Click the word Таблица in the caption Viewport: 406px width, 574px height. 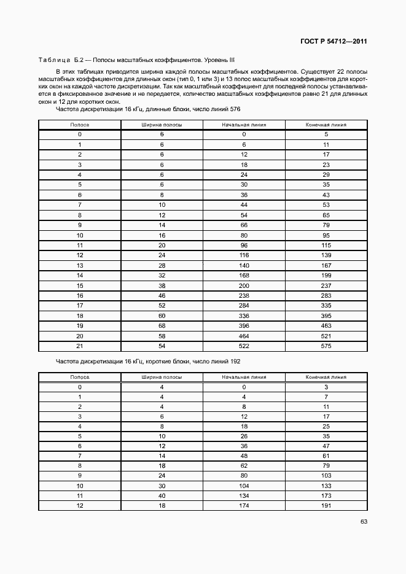click(x=55, y=60)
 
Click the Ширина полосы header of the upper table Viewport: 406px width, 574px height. click(x=162, y=124)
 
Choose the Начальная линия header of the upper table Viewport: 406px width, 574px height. click(x=244, y=124)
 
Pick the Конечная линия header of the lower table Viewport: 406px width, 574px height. click(x=326, y=378)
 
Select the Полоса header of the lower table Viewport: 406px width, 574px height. click(x=80, y=378)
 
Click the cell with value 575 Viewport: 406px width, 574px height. click(x=326, y=346)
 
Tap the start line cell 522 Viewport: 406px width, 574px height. click(x=244, y=346)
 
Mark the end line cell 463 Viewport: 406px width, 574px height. click(x=326, y=326)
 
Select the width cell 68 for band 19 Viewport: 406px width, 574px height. click(x=162, y=326)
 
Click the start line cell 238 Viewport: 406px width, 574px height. click(x=244, y=296)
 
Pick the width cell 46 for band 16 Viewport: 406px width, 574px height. click(x=162, y=296)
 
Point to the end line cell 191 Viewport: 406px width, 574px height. click(x=326, y=506)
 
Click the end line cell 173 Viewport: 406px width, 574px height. click(x=326, y=495)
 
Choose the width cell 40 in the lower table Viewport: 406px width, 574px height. click(x=162, y=495)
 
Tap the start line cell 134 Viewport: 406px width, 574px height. click(x=244, y=495)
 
